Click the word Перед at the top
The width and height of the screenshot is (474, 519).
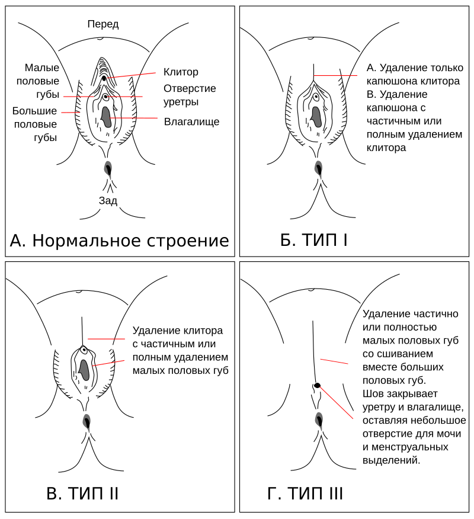[103, 24]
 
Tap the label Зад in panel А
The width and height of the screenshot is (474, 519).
[108, 201]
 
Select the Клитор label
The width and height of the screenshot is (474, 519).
[181, 72]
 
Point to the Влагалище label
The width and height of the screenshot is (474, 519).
[191, 121]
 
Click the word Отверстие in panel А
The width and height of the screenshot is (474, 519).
[190, 88]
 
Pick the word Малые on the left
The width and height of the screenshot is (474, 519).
[42, 68]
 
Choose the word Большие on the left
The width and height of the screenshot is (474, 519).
[34, 111]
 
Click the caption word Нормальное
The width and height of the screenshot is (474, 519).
[85, 241]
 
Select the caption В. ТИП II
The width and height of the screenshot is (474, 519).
[82, 494]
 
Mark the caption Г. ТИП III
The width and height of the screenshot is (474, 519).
[305, 494]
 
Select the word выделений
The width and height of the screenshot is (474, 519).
[391, 460]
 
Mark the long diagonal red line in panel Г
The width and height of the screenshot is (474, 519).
[337, 402]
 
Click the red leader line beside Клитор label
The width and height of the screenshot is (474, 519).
[131, 75]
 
